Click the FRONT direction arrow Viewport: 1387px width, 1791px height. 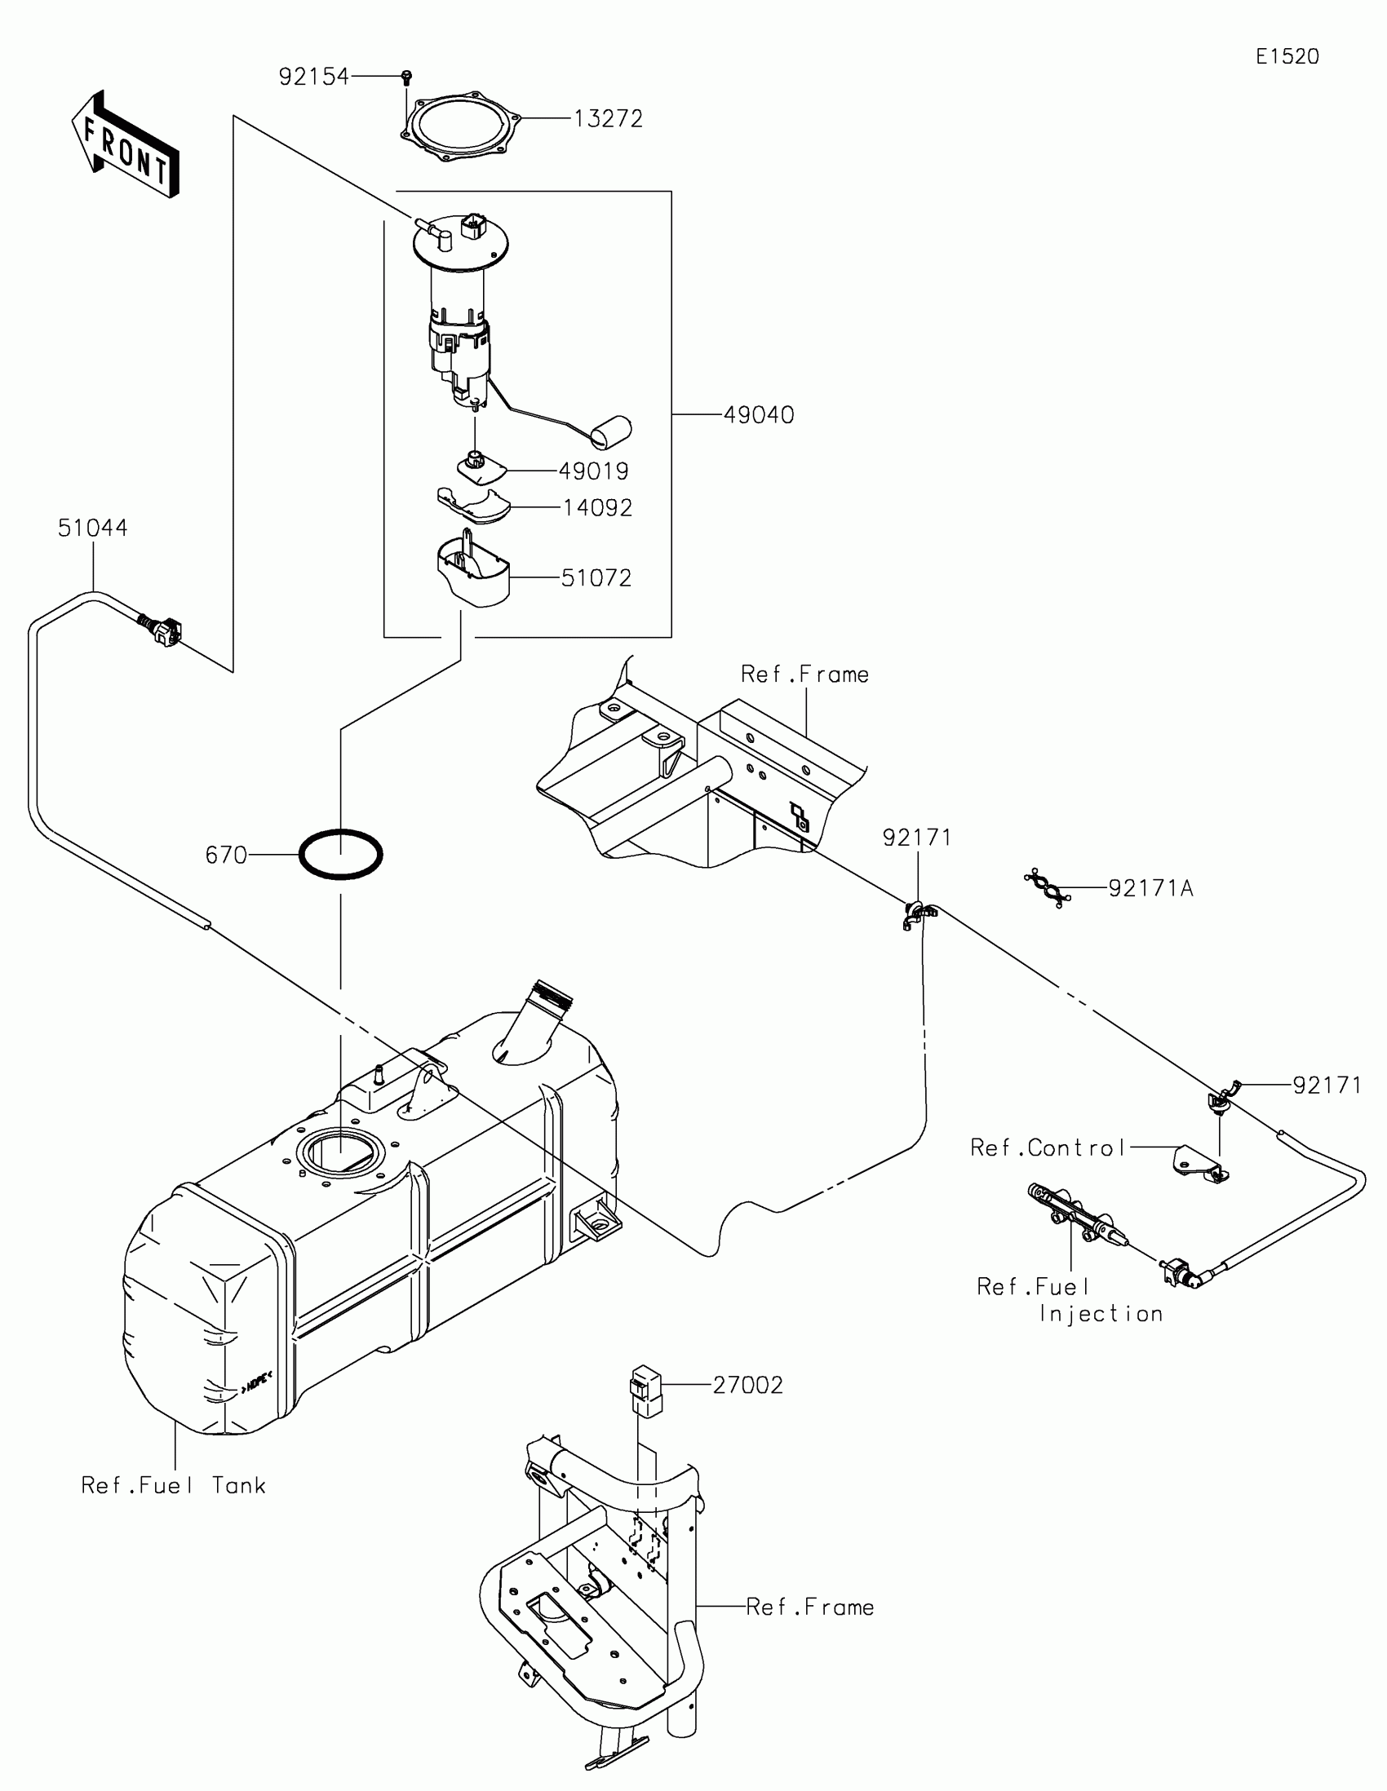(125, 144)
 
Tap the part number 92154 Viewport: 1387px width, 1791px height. (313, 77)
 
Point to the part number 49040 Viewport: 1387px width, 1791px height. (759, 415)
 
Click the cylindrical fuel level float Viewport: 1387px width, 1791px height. (612, 432)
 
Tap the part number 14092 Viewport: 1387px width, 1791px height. (597, 508)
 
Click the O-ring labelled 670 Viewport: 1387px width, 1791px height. (340, 855)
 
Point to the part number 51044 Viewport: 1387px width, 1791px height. (93, 528)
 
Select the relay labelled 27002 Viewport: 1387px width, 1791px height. (645, 1391)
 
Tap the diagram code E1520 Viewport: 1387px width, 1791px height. (1287, 56)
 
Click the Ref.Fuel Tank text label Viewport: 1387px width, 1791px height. (173, 1485)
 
